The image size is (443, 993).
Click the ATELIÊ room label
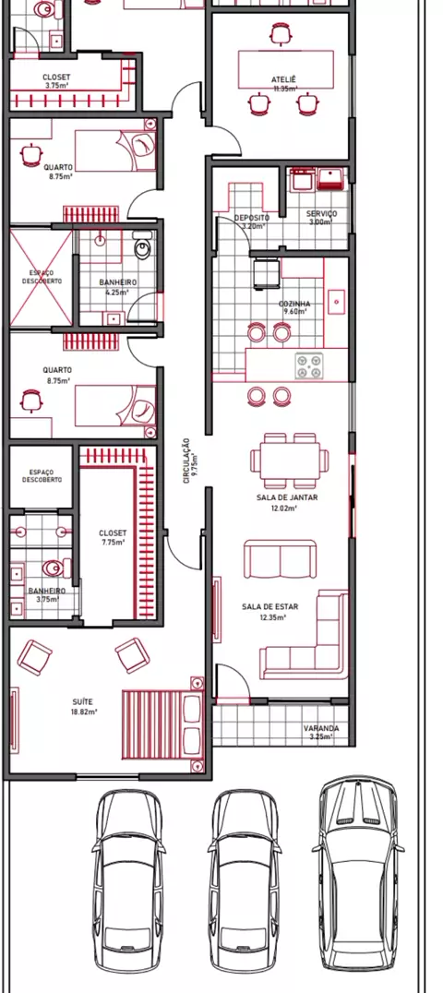coord(284,79)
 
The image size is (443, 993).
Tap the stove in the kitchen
coord(309,366)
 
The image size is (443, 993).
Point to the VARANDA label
coord(320,728)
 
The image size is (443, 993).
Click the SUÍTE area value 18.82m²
coord(83,712)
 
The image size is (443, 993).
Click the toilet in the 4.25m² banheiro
coord(144,244)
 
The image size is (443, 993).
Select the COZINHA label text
coord(293,304)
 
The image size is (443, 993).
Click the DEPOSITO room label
coord(252,217)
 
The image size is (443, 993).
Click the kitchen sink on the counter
coord(336,301)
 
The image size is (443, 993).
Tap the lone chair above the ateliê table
coord(280,33)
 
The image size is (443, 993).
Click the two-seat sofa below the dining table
coord(281,559)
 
